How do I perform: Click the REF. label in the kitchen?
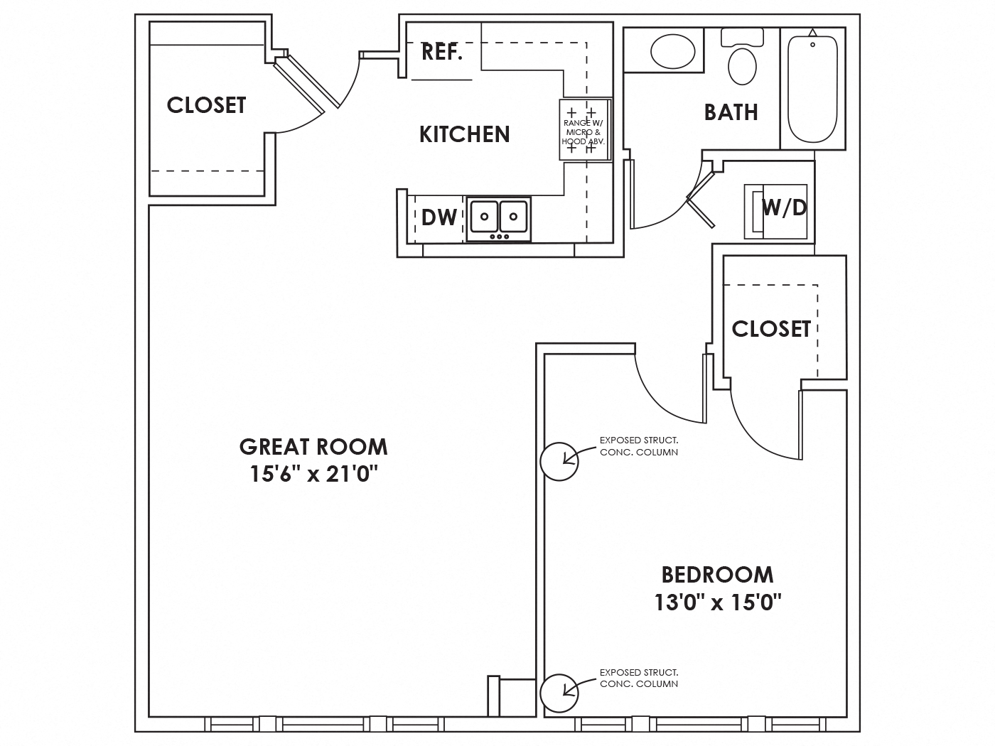(x=442, y=52)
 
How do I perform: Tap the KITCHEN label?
(x=464, y=134)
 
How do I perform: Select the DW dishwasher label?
(x=439, y=217)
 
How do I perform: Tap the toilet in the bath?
(x=742, y=60)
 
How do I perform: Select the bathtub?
(x=812, y=87)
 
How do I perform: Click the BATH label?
(x=731, y=112)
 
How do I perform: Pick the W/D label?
(x=784, y=207)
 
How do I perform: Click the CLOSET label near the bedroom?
(x=771, y=328)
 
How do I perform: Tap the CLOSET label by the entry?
(x=206, y=105)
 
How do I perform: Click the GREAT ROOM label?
(x=313, y=447)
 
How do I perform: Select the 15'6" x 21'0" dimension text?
(x=313, y=474)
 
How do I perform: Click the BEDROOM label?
(x=717, y=574)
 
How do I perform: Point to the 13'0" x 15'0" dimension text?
(x=717, y=602)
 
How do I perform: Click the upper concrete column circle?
(x=559, y=461)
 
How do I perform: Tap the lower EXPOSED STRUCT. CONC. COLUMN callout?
(x=638, y=678)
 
